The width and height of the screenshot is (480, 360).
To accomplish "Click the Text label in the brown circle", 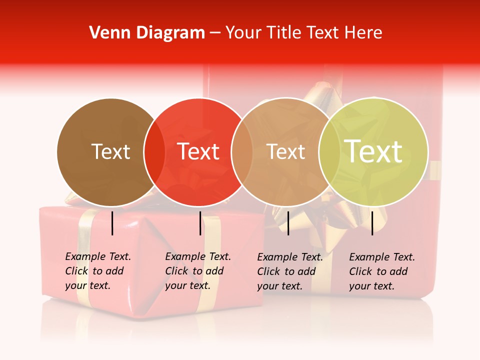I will tap(110, 151).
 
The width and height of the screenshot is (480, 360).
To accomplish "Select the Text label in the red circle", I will tap(198, 151).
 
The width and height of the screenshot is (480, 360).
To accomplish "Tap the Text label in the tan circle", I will tap(285, 151).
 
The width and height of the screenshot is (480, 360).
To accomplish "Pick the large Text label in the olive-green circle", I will tap(373, 151).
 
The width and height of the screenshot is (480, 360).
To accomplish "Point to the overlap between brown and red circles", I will tap(154, 151).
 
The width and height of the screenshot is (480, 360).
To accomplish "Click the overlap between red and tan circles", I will tap(242, 151).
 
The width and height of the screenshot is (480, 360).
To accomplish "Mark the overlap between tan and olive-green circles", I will tap(329, 151).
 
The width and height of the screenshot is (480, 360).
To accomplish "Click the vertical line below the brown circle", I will tap(112, 223).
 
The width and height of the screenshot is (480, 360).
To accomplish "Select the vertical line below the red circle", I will tap(200, 223).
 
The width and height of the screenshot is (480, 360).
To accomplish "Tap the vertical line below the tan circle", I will tap(288, 223).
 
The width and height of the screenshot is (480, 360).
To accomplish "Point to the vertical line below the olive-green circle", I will tap(372, 223).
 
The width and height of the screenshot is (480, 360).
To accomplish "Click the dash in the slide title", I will tap(215, 33).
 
